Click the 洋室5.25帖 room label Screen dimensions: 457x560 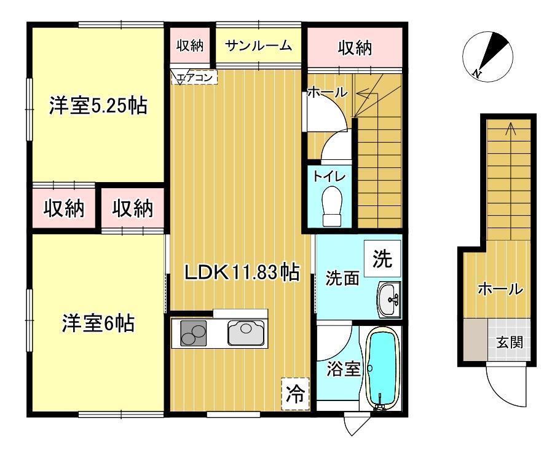tap(98, 106)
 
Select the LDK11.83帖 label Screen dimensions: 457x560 tap(242, 272)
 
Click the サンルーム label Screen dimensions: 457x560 tap(258, 46)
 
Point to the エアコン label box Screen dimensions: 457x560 tap(194, 77)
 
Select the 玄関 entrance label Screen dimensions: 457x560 tap(510, 342)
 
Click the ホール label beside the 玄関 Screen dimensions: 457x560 tap(500, 289)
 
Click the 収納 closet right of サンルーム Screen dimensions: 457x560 tap(355, 47)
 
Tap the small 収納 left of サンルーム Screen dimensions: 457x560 tap(191, 46)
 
